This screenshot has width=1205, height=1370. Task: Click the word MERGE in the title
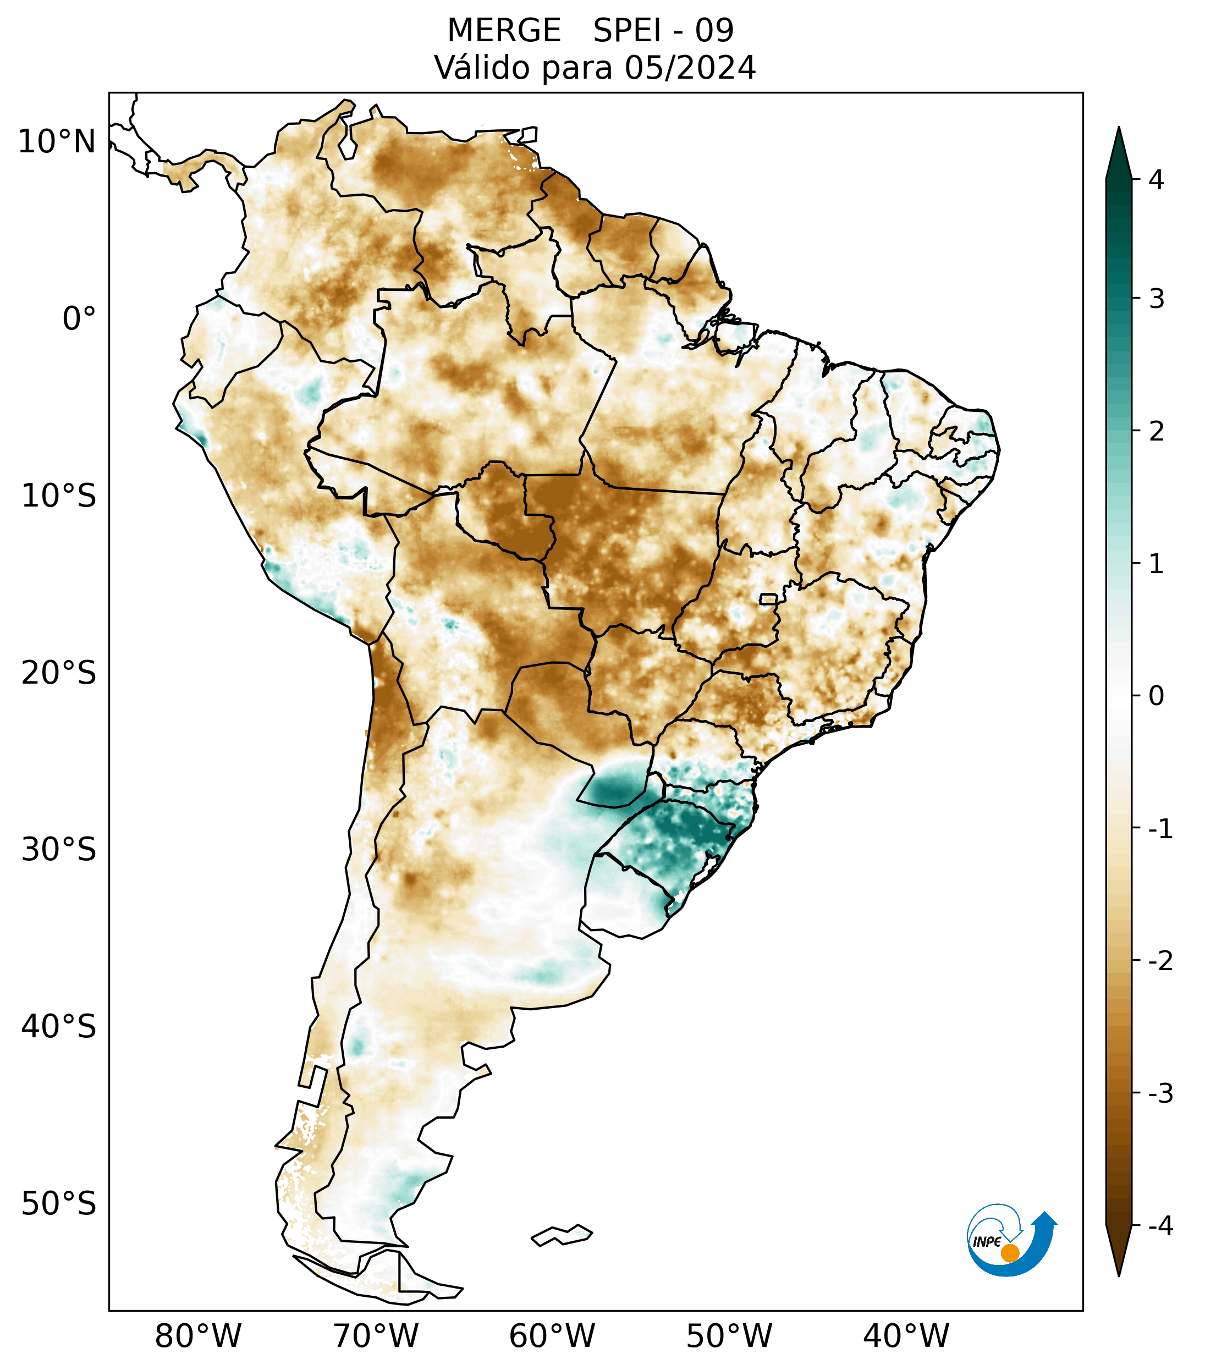coord(503,31)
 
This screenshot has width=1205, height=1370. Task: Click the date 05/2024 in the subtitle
coord(690,68)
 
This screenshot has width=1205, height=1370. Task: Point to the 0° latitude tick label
coord(79,319)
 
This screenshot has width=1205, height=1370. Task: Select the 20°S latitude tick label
coord(59,673)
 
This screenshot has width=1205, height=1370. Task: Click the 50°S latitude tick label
coord(59,1204)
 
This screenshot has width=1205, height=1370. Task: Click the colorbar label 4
coord(1156,180)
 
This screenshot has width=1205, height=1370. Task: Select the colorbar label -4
coord(1160,1226)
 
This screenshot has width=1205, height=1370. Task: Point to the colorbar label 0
coord(1156,696)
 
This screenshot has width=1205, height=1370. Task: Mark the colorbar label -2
coord(1160,961)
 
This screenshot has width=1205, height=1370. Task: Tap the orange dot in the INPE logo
coord(1009,1253)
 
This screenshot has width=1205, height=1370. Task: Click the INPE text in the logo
coord(987,1242)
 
